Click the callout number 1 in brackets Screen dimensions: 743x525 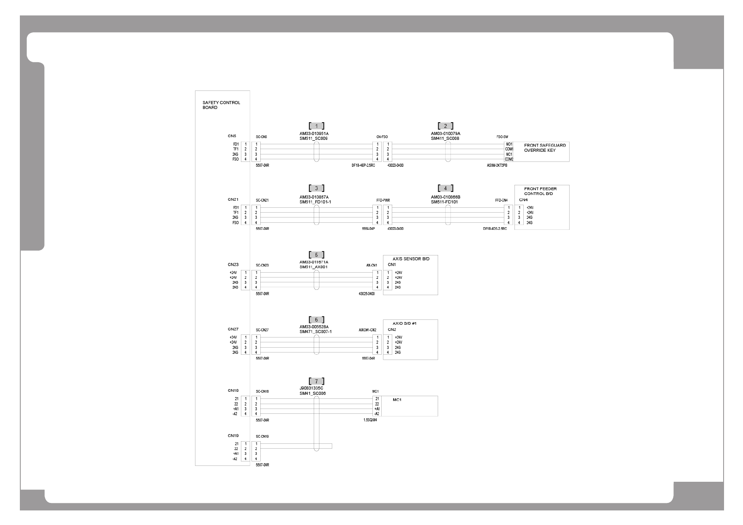(x=316, y=126)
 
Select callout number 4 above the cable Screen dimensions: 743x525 (x=445, y=188)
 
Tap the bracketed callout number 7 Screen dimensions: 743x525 (x=316, y=381)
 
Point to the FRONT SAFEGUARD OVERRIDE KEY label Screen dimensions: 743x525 (x=544, y=148)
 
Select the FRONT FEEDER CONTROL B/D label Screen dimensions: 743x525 (x=540, y=191)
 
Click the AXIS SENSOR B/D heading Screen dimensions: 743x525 (x=411, y=259)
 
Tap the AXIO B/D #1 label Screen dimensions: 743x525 (x=405, y=323)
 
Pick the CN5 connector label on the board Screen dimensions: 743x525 (x=232, y=136)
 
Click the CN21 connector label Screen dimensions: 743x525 (x=233, y=199)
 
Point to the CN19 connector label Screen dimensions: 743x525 (x=233, y=435)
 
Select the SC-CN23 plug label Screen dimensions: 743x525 (x=262, y=265)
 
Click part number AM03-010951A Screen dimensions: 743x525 (x=314, y=133)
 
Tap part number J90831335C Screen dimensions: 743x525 (x=311, y=388)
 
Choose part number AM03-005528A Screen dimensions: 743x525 (x=314, y=326)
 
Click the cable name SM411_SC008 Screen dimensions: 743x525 (x=445, y=138)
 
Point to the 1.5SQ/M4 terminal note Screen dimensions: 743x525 (x=370, y=420)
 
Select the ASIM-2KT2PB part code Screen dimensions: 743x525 (x=497, y=165)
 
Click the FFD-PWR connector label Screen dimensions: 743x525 (x=383, y=200)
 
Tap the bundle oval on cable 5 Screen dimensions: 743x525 (x=316, y=280)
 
